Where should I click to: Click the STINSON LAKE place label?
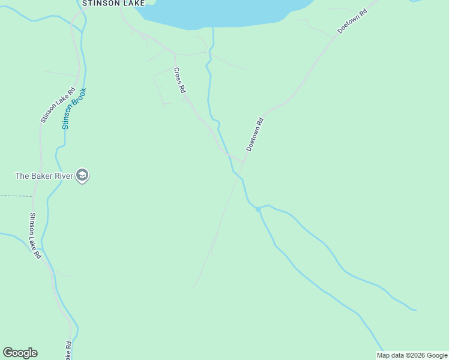click(113, 3)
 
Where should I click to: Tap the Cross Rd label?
click(179, 80)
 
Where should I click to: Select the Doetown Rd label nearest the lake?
click(352, 20)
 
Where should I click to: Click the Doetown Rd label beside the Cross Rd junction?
click(255, 134)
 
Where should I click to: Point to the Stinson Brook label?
click(74, 109)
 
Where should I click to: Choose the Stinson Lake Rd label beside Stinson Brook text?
click(58, 106)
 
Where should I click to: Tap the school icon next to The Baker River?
click(83, 176)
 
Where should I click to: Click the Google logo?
click(20, 353)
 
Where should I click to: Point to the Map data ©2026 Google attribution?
click(412, 355)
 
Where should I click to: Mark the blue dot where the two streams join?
click(258, 209)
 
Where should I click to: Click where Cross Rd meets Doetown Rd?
click(243, 161)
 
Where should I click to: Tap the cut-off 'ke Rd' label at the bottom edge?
click(68, 351)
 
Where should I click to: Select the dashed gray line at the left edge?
click(16, 196)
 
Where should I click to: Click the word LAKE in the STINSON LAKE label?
click(133, 3)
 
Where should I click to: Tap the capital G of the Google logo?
click(8, 353)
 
